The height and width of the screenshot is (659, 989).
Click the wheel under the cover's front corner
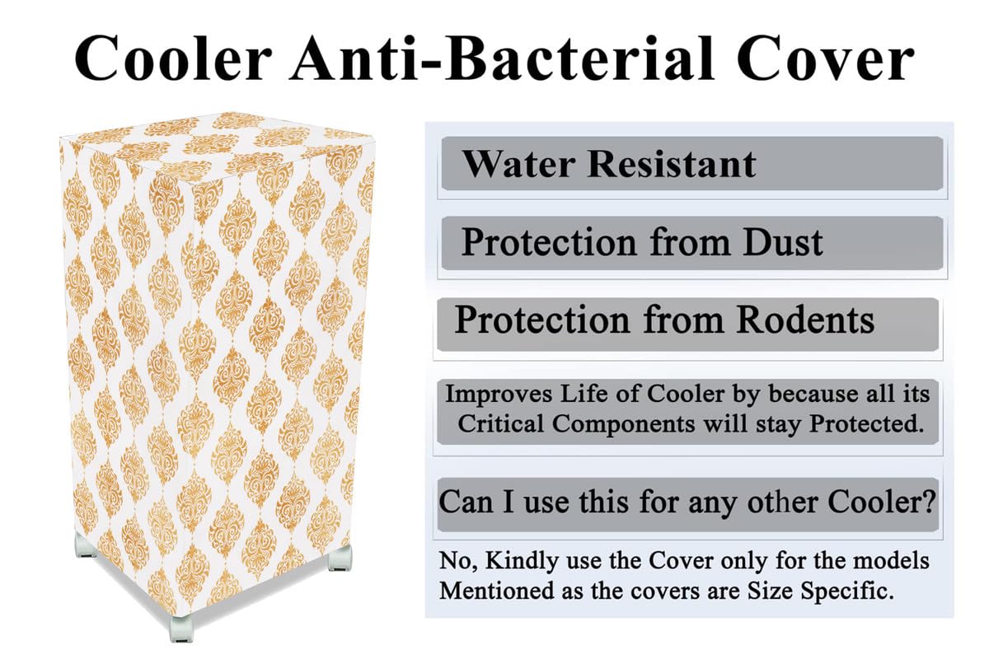coord(180,628)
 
